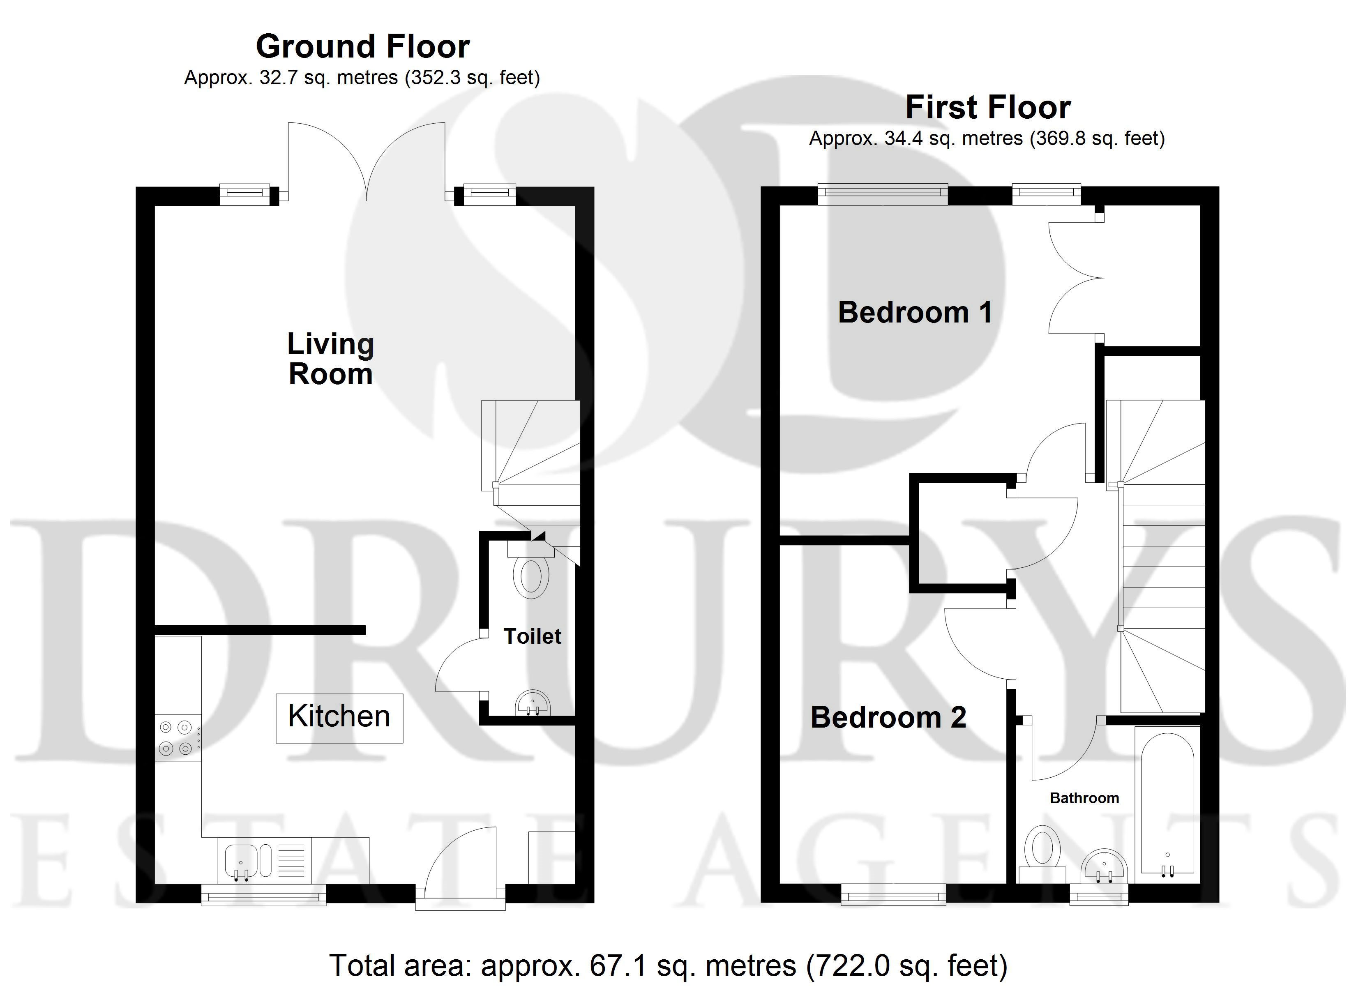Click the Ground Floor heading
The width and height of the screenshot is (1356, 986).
(362, 47)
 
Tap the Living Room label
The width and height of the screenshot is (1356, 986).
(331, 359)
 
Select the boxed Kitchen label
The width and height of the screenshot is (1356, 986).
(339, 718)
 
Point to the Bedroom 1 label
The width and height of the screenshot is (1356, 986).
(915, 312)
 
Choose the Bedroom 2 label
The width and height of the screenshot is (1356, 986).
(888, 718)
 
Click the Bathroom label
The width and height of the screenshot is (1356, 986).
(1084, 798)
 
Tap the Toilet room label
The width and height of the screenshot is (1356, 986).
(532, 636)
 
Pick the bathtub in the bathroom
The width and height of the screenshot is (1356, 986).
(1167, 804)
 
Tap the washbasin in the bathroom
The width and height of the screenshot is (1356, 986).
(1104, 865)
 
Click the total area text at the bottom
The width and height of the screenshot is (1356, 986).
(669, 965)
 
